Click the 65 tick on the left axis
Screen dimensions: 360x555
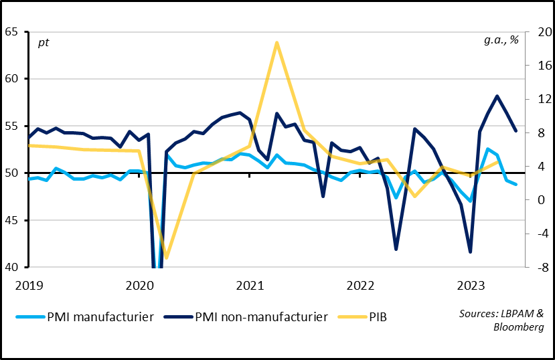pyautogui.click(x=11, y=31)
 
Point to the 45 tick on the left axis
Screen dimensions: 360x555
pyautogui.click(x=11, y=220)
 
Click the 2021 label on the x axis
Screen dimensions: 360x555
pyautogui.click(x=249, y=286)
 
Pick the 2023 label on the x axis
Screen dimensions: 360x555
pyautogui.click(x=470, y=286)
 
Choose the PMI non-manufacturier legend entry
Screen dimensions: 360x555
pyautogui.click(x=261, y=317)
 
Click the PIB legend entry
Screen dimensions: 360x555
pyautogui.click(x=376, y=317)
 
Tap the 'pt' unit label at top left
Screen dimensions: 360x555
pyautogui.click(x=43, y=43)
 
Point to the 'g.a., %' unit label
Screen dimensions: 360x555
pyautogui.click(x=501, y=39)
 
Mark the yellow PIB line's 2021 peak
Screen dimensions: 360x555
pyautogui.click(x=276, y=42)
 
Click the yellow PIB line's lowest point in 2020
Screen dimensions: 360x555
pyautogui.click(x=166, y=258)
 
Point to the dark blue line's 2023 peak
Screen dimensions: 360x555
pyautogui.click(x=497, y=96)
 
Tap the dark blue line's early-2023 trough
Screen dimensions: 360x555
pyautogui.click(x=470, y=252)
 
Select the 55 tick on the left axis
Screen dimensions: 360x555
pyautogui.click(x=11, y=126)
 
